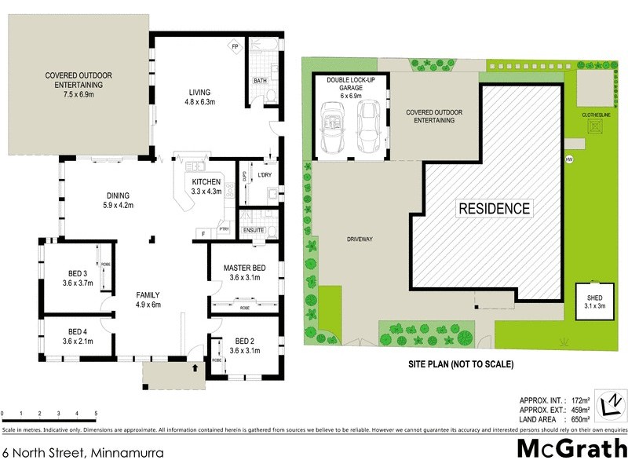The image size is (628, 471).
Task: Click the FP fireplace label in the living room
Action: coord(235,46)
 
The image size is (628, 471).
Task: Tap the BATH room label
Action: coord(259,81)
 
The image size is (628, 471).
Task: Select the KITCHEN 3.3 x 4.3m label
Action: coord(202,186)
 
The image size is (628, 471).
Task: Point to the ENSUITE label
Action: coord(254,231)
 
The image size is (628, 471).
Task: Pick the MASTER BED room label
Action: coord(244,273)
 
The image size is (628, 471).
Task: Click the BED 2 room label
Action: coord(245,346)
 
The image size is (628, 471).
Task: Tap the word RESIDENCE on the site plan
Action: coord(495,209)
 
